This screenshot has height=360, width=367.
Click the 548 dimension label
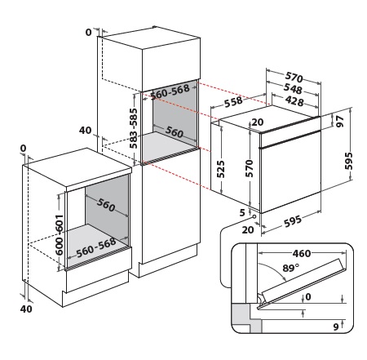click(x=293, y=88)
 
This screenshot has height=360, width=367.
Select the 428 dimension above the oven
click(x=294, y=101)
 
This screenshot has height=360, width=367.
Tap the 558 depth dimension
click(x=233, y=102)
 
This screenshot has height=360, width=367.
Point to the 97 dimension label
click(x=339, y=121)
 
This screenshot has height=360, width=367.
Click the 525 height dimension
click(x=221, y=169)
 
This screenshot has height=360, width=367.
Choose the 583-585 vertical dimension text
click(x=134, y=128)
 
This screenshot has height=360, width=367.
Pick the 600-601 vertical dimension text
click(x=60, y=234)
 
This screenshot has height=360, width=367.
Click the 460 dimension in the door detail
click(x=302, y=254)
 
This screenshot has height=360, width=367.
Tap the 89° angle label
click(x=290, y=268)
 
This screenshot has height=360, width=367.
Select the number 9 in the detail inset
click(x=336, y=327)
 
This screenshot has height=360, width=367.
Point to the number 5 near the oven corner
click(x=242, y=212)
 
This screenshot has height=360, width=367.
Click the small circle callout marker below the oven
click(x=254, y=216)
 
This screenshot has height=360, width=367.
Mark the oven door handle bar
click(x=290, y=139)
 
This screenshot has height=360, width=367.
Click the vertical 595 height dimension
click(x=349, y=161)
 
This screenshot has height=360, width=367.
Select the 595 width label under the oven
click(x=293, y=221)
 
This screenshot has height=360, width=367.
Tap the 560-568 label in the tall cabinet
click(x=170, y=91)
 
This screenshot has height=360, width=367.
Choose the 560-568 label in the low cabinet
click(x=96, y=247)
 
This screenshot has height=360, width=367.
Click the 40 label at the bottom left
click(x=26, y=309)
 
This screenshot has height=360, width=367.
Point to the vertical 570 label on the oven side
click(x=250, y=168)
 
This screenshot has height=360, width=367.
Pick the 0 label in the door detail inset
click(x=308, y=296)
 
